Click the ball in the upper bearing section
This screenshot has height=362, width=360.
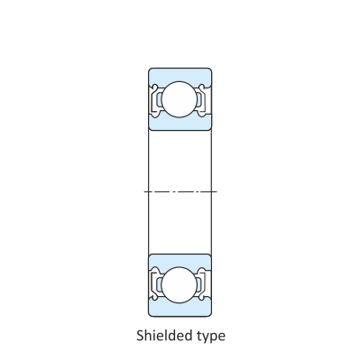[180, 97]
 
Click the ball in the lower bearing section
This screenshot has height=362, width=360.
[180, 283]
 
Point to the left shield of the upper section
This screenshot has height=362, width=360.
[155, 97]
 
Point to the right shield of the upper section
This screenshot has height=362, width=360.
[205, 97]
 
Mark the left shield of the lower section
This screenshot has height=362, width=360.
[155, 283]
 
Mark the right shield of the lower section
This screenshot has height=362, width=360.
[205, 283]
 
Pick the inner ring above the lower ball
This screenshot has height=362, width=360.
[180, 259]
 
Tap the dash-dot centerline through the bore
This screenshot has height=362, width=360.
[180, 191]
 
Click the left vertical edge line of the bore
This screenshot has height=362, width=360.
[148, 191]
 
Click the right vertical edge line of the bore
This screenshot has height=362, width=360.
[211, 191]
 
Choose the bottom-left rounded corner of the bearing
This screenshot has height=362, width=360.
[150, 312]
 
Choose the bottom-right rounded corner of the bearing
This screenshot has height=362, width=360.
[209, 312]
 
